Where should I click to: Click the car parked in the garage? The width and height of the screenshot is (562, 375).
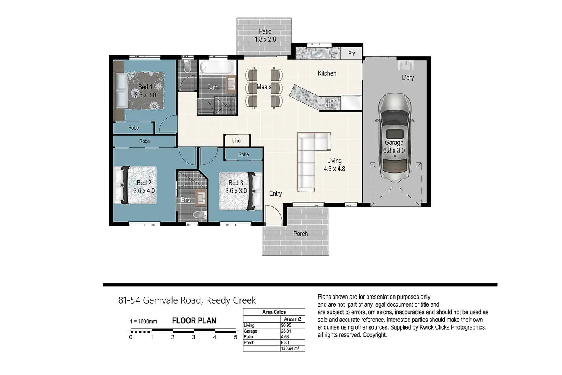[x=394, y=136]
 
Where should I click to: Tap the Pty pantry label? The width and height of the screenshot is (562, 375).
[x=352, y=53]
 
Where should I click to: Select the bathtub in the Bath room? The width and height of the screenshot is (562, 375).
[x=217, y=67]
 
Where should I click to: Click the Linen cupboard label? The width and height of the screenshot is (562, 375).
[x=237, y=140]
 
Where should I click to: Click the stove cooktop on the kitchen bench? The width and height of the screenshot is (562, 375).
[x=331, y=103]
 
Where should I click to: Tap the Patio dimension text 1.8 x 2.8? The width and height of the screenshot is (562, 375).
[x=265, y=39]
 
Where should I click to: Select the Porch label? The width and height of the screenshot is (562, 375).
[x=300, y=234]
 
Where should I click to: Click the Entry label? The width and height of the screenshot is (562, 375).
[x=275, y=193]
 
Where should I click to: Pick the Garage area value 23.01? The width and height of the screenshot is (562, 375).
[x=286, y=331]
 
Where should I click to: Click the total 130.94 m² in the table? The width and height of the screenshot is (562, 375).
[x=290, y=348]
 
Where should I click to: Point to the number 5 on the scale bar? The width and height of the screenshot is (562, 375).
[x=236, y=337]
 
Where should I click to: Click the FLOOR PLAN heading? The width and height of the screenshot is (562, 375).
[x=194, y=321]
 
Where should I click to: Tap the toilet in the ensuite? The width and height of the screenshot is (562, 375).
[x=199, y=215]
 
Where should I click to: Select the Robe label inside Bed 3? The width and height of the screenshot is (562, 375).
[x=243, y=154]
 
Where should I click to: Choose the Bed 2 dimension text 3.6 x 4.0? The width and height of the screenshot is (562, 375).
[x=144, y=191]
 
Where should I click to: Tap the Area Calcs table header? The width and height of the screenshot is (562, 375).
[x=274, y=312]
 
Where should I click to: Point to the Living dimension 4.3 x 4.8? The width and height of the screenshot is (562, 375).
[x=334, y=169]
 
